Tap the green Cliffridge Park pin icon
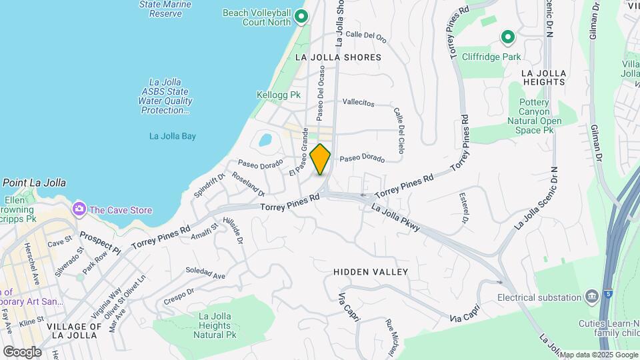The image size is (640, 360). coord(507,38)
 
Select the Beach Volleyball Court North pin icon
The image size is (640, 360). coord(301,17)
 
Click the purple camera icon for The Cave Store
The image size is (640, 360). coord(79,209)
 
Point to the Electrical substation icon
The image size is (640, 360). coord(591,296)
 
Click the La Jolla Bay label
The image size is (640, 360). coord(172,137)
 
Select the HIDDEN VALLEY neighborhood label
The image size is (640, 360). coord(370,272)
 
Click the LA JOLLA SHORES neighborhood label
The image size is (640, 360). coord(338,57)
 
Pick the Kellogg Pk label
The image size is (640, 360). coord(279,95)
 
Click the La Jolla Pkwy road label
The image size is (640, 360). coord(396,219)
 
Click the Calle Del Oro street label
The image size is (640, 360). coord(366,36)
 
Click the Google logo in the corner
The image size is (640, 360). coord(22,351)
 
